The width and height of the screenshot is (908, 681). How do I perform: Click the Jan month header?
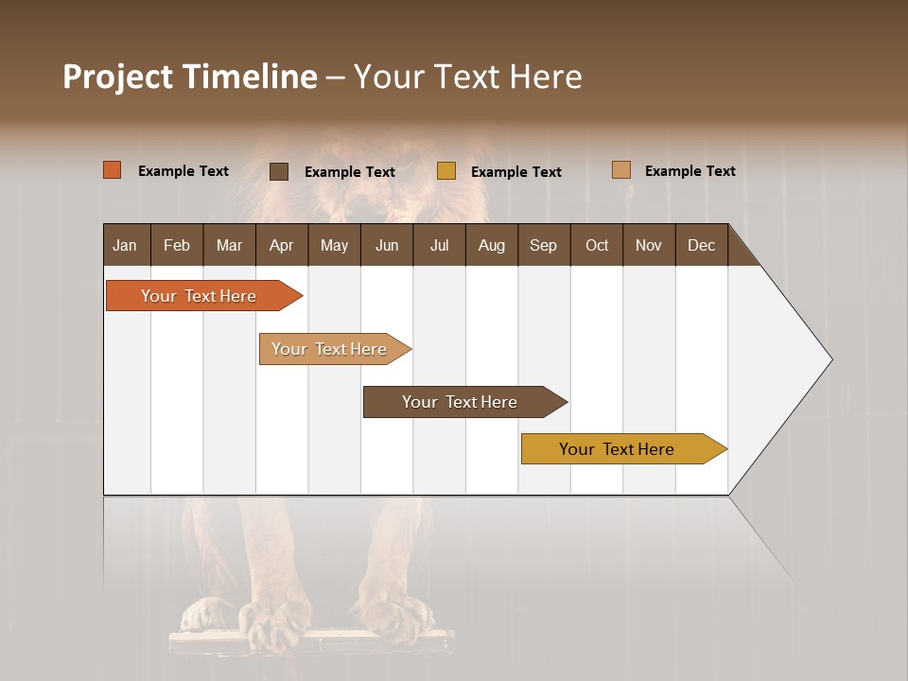tap(125, 245)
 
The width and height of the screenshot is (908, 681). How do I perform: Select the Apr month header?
tap(281, 245)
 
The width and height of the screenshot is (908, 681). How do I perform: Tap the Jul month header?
tap(439, 245)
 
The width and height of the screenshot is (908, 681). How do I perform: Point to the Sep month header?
tap(543, 245)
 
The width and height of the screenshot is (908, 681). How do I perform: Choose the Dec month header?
tap(701, 245)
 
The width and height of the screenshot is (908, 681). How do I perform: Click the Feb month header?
tap(177, 245)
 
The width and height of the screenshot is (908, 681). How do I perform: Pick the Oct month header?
tap(597, 245)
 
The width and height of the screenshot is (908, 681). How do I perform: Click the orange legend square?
tap(113, 170)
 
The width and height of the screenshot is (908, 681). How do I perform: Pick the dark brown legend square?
tap(279, 171)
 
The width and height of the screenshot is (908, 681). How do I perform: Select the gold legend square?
tap(446, 171)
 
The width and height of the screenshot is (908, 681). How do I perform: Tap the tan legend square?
tap(621, 170)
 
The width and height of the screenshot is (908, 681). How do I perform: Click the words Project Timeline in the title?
tap(190, 77)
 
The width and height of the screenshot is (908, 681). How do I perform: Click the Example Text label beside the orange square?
tap(183, 171)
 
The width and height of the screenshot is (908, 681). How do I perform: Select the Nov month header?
tap(649, 245)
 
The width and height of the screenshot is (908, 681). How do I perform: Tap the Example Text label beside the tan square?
tap(690, 171)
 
